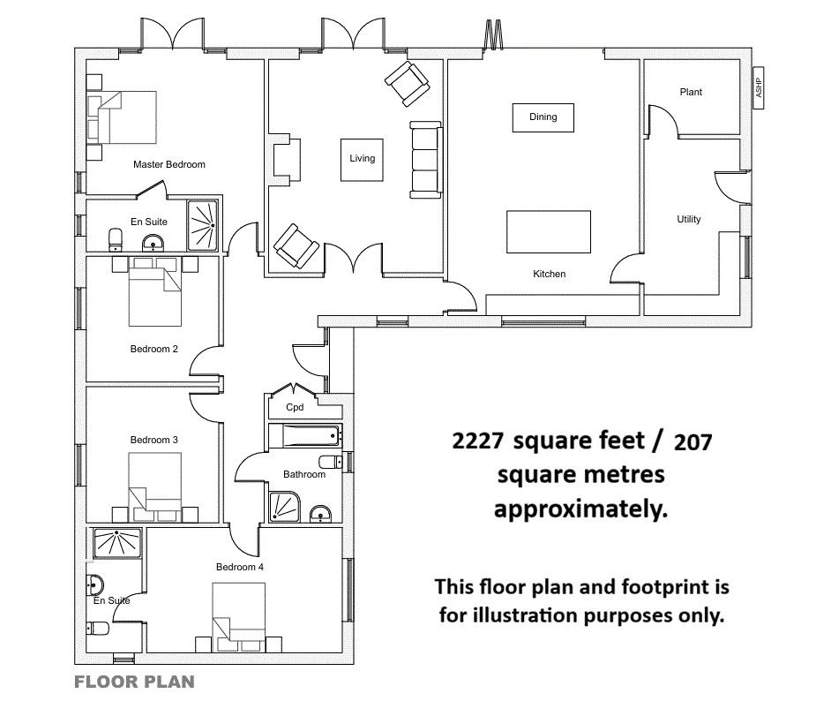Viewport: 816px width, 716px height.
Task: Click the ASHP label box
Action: [759, 88]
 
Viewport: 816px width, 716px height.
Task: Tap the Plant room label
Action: [691, 92]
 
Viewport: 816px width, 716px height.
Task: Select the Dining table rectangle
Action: [543, 117]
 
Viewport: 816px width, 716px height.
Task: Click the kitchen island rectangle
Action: [549, 231]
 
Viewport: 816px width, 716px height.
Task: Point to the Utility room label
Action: [688, 219]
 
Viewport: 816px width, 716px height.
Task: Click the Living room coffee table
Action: [363, 160]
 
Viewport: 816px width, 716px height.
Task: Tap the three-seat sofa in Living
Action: [426, 160]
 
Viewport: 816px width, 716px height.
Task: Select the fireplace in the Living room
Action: [285, 159]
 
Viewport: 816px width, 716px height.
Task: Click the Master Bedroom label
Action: [169, 164]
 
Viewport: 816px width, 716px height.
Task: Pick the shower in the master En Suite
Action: [202, 225]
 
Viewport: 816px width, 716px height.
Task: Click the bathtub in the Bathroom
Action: [305, 436]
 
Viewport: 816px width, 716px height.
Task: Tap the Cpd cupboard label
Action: [295, 407]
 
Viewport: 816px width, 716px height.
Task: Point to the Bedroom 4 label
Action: [240, 567]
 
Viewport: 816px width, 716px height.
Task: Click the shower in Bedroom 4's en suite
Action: [117, 543]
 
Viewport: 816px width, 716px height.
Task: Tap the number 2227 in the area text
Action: [478, 441]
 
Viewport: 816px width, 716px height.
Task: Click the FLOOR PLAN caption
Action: [134, 682]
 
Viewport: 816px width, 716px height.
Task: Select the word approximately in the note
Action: [580, 509]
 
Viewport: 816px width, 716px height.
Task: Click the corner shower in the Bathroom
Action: [285, 507]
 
